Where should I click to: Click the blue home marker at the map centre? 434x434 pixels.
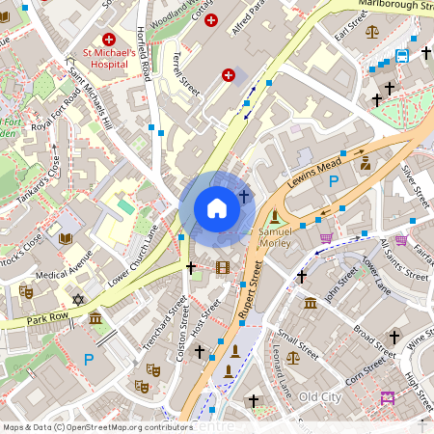[217, 207]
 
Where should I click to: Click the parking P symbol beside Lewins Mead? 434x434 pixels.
[335, 180]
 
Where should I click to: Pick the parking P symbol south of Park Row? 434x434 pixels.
[89, 360]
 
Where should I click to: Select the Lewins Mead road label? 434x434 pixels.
[316, 171]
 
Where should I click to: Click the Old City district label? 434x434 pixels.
[320, 397]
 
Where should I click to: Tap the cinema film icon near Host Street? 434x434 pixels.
[224, 267]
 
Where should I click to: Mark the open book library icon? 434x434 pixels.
[66, 238]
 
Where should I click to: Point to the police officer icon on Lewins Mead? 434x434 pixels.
[366, 161]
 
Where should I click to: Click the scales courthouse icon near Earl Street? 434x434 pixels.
[373, 32]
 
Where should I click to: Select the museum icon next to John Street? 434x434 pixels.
[311, 303]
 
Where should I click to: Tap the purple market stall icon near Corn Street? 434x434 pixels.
[389, 397]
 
